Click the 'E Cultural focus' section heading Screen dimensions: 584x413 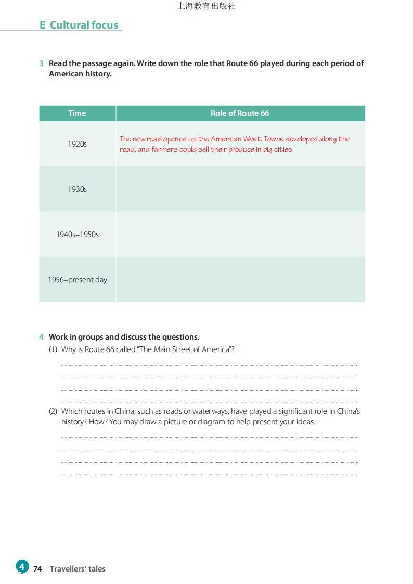tap(79, 25)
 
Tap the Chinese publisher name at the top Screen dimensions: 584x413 tap(206, 6)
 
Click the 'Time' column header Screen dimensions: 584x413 tap(77, 113)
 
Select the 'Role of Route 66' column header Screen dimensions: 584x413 tap(240, 113)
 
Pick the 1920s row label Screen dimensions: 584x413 tap(77, 144)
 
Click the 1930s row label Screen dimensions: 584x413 tap(77, 189)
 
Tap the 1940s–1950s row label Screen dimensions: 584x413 tap(77, 235)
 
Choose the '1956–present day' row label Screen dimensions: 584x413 tap(77, 280)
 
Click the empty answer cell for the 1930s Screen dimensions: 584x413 tap(240, 189)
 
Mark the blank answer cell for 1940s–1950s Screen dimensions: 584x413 tap(240, 235)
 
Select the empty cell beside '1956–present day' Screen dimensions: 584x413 tap(240, 280)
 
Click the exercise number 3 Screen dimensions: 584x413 tap(41, 63)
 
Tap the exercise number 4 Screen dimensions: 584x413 tap(41, 337)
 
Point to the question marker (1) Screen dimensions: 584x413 tap(53, 349)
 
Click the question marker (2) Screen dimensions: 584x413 tap(53, 411)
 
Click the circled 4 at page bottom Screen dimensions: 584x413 tap(22, 566)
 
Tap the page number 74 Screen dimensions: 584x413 tap(37, 569)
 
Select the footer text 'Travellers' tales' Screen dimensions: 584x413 tap(78, 569)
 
